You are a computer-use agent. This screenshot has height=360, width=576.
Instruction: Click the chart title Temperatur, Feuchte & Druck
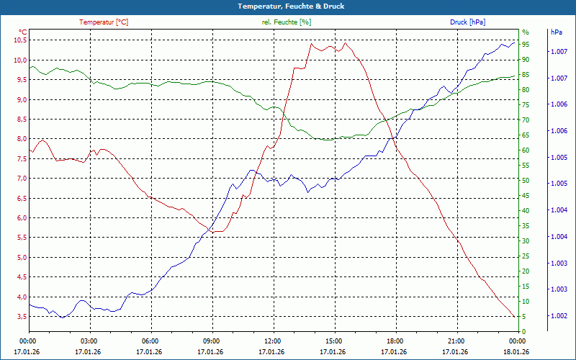tap(287, 6)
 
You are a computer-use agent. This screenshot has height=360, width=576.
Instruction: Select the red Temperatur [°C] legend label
tap(104, 22)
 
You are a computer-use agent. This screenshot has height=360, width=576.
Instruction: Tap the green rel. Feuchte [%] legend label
tap(287, 22)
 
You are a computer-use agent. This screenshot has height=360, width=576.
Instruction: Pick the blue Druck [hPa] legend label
tap(467, 22)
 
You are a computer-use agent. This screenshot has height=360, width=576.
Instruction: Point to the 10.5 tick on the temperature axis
tap(19, 40)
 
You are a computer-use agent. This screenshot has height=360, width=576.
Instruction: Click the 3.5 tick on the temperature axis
tap(19, 317)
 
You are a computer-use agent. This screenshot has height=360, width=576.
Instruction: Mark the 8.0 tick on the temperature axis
tap(19, 139)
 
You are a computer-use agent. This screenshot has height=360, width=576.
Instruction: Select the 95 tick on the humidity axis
tap(526, 44)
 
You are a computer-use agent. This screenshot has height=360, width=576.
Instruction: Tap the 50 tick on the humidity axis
tap(526, 181)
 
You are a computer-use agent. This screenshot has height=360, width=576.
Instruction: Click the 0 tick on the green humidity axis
tap(524, 332)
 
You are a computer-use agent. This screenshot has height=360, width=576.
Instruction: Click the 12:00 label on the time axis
tap(273, 341)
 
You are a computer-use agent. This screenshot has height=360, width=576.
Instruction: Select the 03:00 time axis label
tap(89, 341)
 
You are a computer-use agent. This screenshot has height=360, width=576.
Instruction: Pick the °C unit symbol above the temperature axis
tap(22, 32)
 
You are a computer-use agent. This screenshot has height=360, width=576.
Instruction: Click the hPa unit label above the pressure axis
tap(556, 32)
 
